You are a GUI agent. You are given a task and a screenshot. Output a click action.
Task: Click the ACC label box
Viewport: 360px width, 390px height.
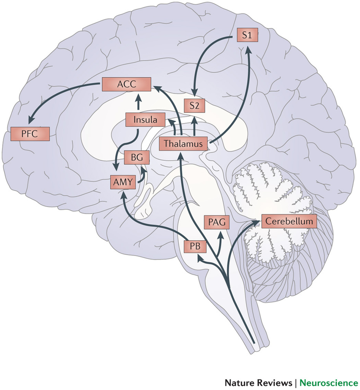(x=126, y=85)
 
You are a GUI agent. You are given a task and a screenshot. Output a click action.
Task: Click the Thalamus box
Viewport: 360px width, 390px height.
(x=184, y=144)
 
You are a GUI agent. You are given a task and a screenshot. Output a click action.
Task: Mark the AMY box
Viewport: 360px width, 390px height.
(x=122, y=182)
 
